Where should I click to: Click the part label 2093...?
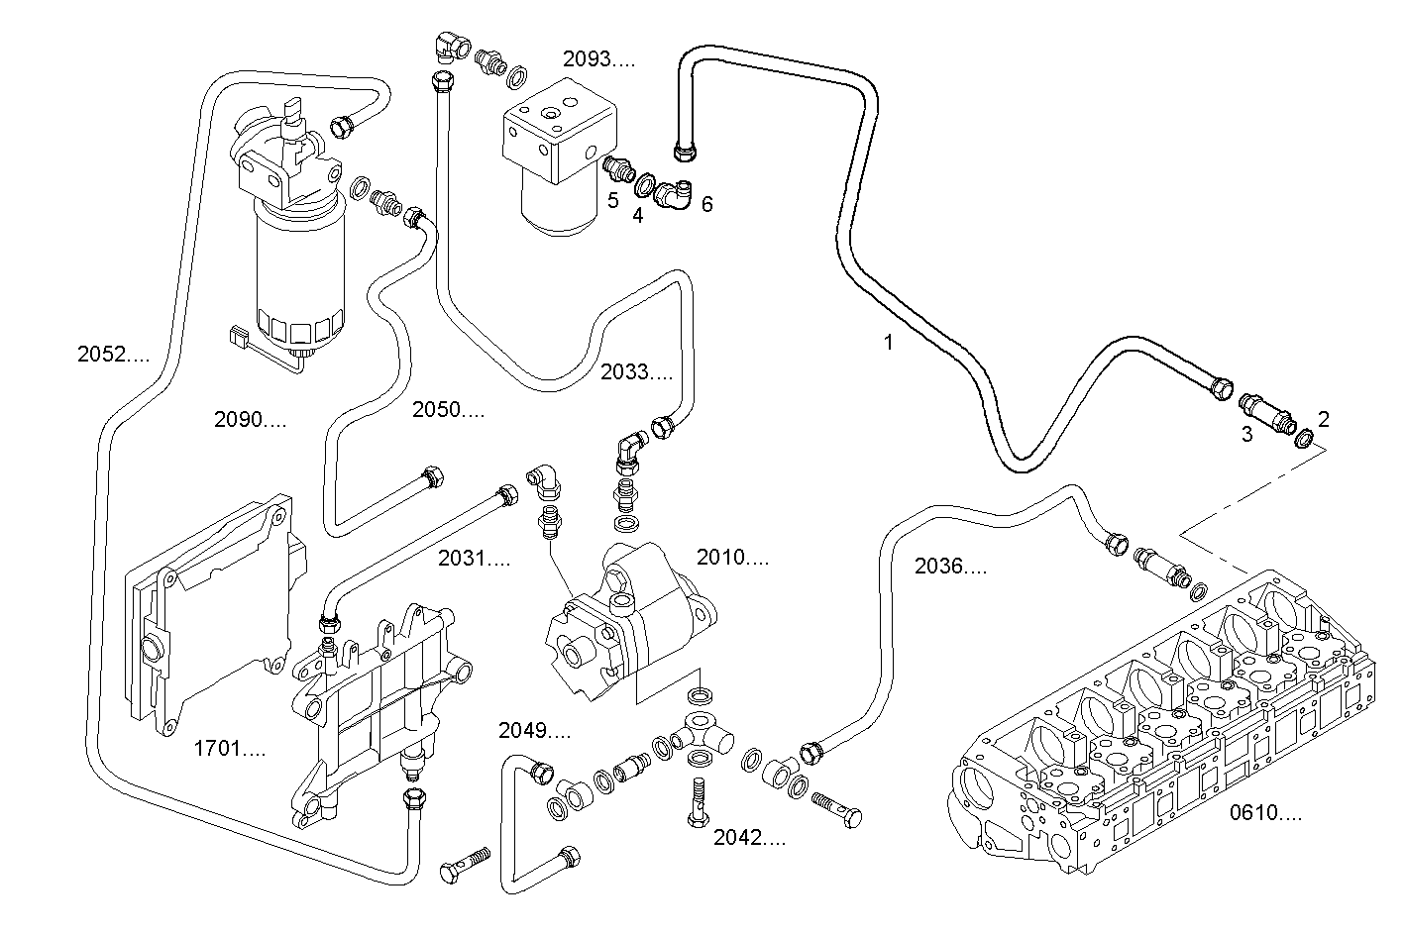(598, 58)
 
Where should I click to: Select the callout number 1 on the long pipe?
(889, 343)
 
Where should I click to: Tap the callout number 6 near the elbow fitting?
(706, 204)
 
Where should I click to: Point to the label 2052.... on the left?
(113, 353)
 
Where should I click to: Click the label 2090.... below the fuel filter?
(250, 419)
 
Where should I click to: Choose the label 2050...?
(448, 409)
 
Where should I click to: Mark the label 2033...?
(636, 372)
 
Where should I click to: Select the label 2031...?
(474, 559)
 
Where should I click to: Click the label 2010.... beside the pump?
(732, 558)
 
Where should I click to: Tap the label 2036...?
(950, 567)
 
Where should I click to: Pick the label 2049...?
(534, 731)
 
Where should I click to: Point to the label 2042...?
(749, 838)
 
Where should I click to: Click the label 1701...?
(229, 749)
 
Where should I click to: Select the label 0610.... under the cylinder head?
(1265, 813)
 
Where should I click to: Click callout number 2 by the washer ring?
(1324, 418)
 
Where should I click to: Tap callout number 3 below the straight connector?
(1246, 433)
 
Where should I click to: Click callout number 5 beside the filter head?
(613, 201)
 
